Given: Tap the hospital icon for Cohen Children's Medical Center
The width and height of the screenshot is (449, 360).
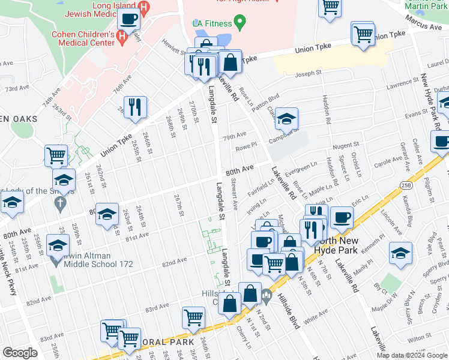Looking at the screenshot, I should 122,38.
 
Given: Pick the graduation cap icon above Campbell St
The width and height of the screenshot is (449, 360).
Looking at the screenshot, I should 286,118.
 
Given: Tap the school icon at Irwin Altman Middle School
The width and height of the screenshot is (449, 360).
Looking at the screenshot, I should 58,245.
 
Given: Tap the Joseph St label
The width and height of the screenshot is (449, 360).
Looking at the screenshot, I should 309,74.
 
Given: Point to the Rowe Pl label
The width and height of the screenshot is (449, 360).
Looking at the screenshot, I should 246,145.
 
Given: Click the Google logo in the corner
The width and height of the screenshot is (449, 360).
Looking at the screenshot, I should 20,353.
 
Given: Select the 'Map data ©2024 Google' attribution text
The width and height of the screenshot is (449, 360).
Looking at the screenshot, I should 411,355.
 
